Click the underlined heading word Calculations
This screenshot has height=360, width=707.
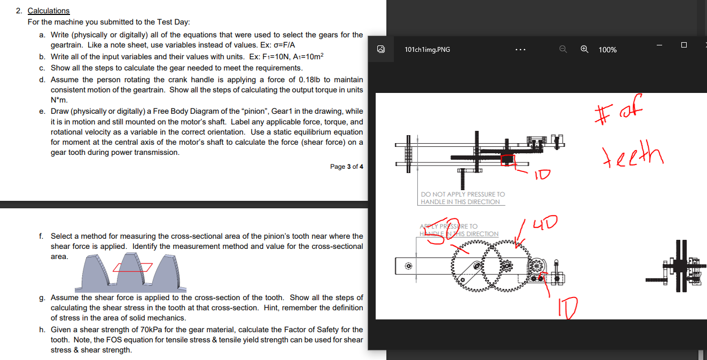48,11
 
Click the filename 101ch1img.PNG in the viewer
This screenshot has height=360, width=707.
427,49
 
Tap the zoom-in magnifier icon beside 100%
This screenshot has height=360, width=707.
585,49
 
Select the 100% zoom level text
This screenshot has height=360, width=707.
608,50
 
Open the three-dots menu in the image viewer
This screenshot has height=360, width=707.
520,49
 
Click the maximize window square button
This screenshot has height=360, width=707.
684,45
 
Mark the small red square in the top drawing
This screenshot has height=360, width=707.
506,159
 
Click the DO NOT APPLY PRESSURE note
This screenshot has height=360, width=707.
462,198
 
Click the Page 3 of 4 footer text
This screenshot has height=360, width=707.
346,167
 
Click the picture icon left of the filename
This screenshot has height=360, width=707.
380,49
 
